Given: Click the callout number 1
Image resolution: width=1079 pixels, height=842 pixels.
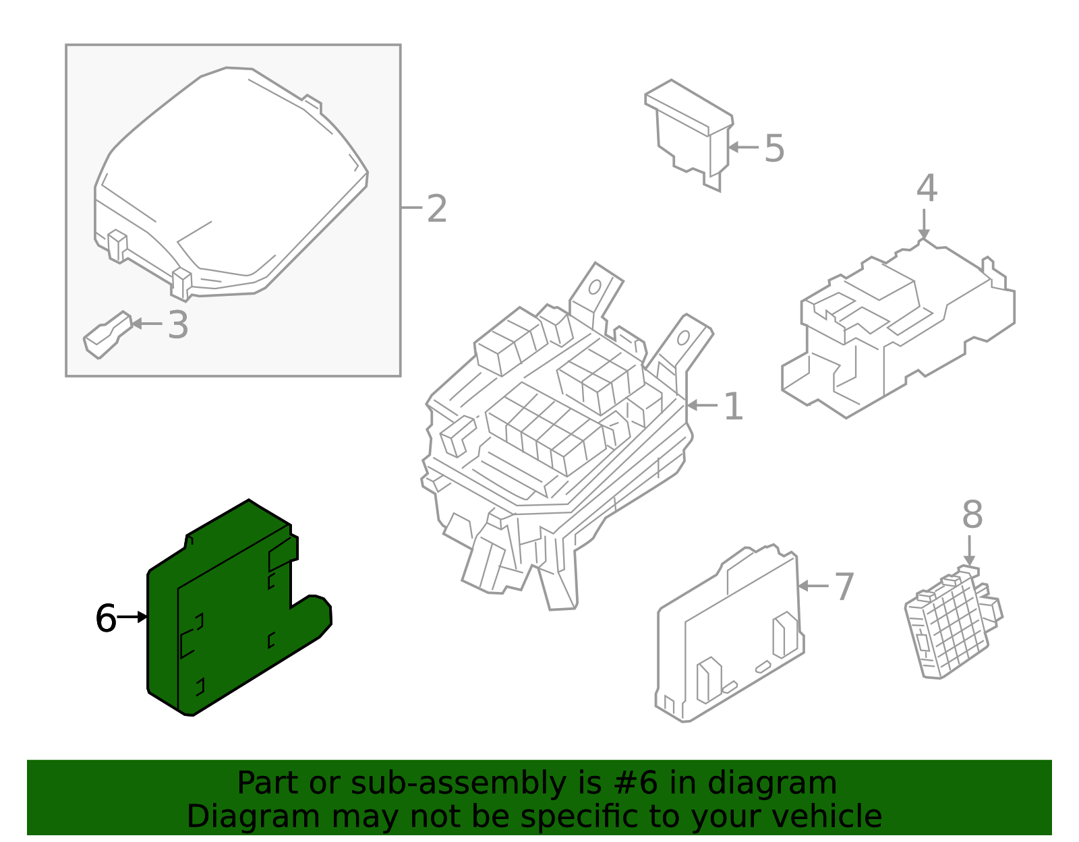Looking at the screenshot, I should (x=733, y=407).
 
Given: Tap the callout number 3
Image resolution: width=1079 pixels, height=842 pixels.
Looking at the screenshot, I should (x=178, y=325).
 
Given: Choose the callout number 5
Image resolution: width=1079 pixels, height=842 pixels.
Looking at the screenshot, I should (x=774, y=148).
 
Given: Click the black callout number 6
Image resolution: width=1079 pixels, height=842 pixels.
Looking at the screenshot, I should (x=106, y=618).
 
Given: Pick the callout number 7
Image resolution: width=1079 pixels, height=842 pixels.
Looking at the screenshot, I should (x=844, y=587).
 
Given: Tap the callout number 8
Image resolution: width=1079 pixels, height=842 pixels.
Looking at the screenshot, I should (x=972, y=515).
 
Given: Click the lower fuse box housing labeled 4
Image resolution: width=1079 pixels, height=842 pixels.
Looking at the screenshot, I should (x=897, y=330).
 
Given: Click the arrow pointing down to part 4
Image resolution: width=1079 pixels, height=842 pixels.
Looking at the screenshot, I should (x=924, y=223).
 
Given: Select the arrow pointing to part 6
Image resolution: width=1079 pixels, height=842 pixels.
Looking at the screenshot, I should (x=133, y=617).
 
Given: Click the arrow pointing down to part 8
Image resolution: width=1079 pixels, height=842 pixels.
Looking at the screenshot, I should (x=969, y=550).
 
